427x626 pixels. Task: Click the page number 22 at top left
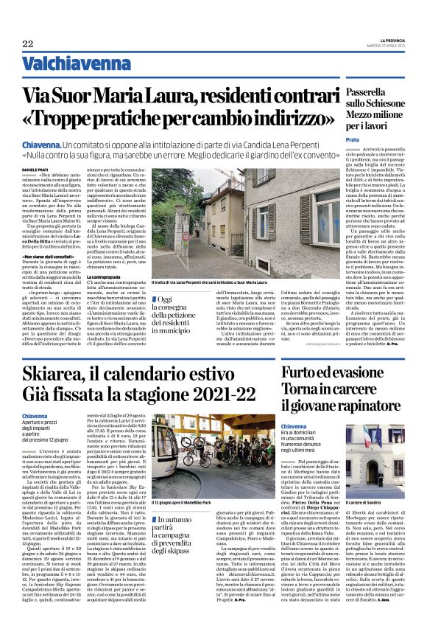27,44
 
